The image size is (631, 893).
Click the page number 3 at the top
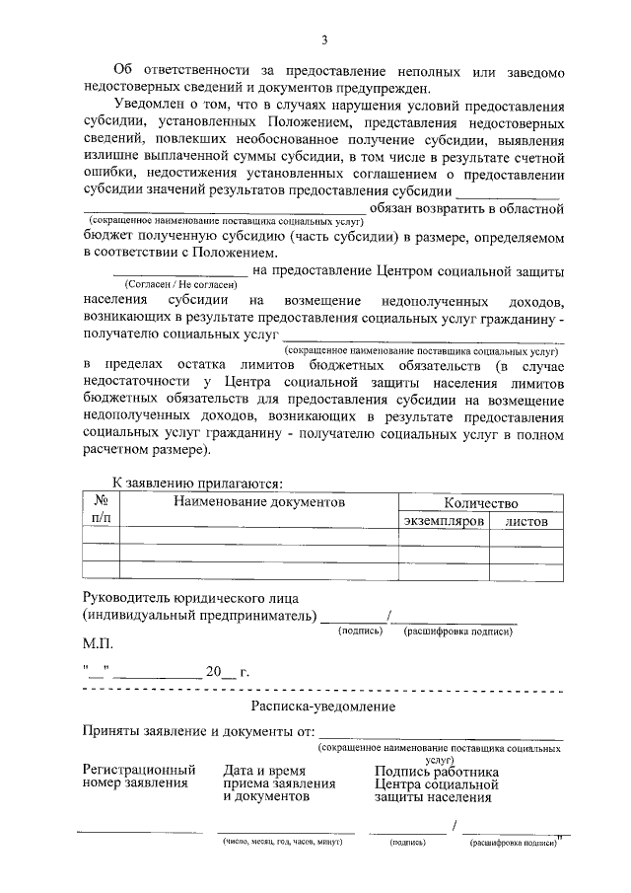tap(323, 39)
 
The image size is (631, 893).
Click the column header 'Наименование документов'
tap(260, 502)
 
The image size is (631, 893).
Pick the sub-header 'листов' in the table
tap(526, 520)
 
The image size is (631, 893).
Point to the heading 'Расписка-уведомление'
tap(323, 707)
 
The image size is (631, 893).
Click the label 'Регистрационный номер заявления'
tap(139, 777)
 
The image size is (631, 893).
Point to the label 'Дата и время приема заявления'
tap(279, 783)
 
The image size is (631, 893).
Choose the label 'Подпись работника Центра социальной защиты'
tap(437, 783)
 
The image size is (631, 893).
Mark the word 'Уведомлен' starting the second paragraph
tap(148, 106)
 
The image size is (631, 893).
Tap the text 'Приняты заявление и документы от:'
tap(198, 731)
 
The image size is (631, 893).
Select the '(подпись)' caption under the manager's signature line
tap(359, 631)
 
